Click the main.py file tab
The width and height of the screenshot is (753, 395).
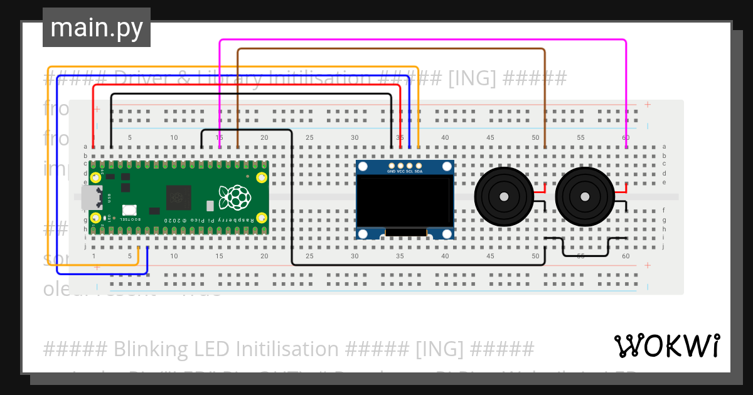coord(96,28)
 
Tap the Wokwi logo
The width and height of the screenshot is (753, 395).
coord(666,345)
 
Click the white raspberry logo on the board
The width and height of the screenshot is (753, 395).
coord(235,197)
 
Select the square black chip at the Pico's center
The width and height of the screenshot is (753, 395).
coord(179,198)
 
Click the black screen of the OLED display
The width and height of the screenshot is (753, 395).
coord(405,201)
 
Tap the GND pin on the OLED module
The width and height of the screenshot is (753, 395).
coord(391,165)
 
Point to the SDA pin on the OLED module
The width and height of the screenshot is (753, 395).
coord(419,165)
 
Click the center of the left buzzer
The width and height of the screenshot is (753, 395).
coord(503,197)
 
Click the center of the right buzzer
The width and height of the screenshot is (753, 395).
coord(584,197)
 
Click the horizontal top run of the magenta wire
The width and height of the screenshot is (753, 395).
coord(420,41)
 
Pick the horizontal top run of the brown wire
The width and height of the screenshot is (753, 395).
coord(389,49)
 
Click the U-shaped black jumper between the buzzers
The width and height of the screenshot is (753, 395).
coord(585,255)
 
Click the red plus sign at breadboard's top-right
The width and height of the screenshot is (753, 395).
coord(647,105)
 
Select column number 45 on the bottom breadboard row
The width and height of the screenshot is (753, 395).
coord(490,256)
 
